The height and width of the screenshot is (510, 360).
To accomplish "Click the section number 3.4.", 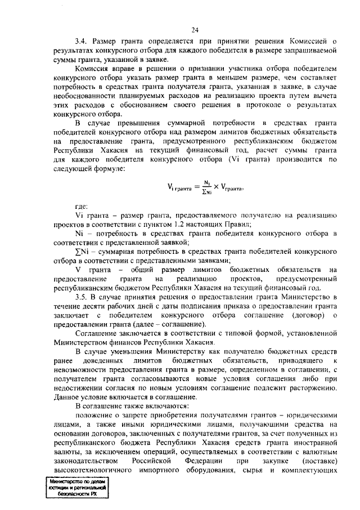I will point(82,42).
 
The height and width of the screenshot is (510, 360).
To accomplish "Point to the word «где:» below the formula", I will point(81,207).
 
